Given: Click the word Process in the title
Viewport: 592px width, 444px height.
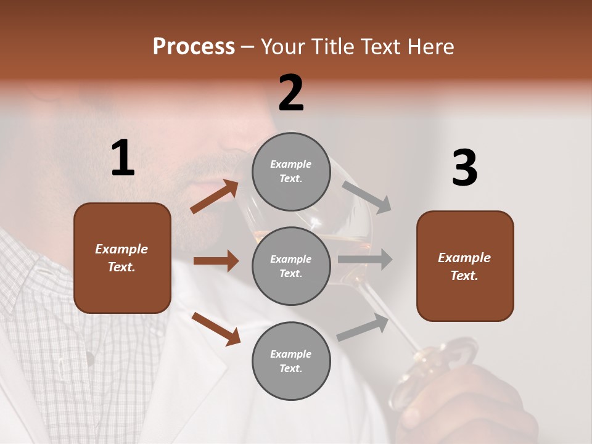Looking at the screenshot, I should click(194, 47).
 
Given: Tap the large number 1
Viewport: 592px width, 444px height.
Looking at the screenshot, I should click(123, 158).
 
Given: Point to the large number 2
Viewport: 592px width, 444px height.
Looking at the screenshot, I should click(291, 93).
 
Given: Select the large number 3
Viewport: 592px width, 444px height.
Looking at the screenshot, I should click(464, 168).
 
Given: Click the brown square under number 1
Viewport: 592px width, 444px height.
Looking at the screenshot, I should click(122, 258).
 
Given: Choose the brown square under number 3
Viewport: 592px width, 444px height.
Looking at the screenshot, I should click(465, 266).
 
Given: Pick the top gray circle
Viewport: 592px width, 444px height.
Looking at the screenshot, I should click(291, 171).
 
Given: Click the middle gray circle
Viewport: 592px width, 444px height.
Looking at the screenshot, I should click(291, 266).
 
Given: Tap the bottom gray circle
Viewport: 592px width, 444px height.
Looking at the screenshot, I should click(291, 361).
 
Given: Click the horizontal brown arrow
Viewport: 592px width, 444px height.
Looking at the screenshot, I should click(216, 261).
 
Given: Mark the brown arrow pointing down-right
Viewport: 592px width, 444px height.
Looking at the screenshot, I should click(216, 328).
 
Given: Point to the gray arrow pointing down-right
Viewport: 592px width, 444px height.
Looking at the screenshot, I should click(367, 197).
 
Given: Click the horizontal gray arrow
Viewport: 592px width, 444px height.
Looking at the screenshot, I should click(364, 260).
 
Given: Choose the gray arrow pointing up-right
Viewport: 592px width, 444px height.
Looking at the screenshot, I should click(363, 327).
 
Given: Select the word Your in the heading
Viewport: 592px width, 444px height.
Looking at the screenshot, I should click(281, 47).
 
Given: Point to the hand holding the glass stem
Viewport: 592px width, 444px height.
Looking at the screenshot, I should click(469, 401).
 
